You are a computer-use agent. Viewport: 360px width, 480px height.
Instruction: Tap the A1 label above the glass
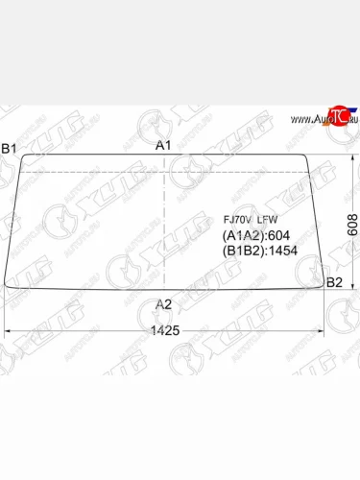164,145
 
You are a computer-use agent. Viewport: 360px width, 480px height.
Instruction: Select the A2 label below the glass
164,304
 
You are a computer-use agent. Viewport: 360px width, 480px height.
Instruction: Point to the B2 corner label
334,281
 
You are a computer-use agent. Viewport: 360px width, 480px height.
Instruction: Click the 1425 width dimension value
165,330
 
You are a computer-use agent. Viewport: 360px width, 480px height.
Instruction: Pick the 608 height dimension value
352,223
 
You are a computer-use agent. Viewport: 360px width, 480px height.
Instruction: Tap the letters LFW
267,220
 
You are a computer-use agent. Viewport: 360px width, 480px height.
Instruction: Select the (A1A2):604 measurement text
255,236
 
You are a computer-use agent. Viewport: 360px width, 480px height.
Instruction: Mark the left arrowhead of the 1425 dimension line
10,331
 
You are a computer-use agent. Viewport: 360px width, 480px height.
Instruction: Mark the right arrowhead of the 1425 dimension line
323,331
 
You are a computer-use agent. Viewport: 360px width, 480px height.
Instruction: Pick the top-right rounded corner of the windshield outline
303,156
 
